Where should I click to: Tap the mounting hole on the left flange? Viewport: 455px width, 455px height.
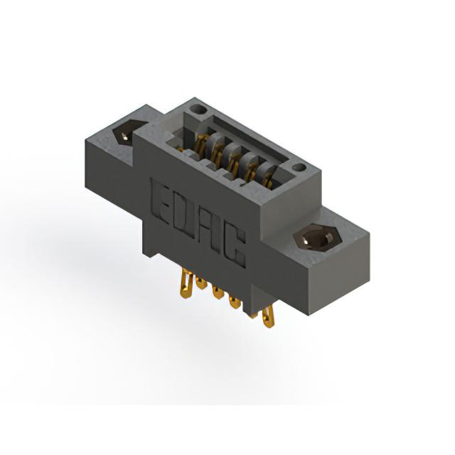tap(127, 133)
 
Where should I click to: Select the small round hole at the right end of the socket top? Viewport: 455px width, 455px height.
tap(299, 168)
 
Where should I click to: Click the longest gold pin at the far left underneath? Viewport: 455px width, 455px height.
tap(186, 284)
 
